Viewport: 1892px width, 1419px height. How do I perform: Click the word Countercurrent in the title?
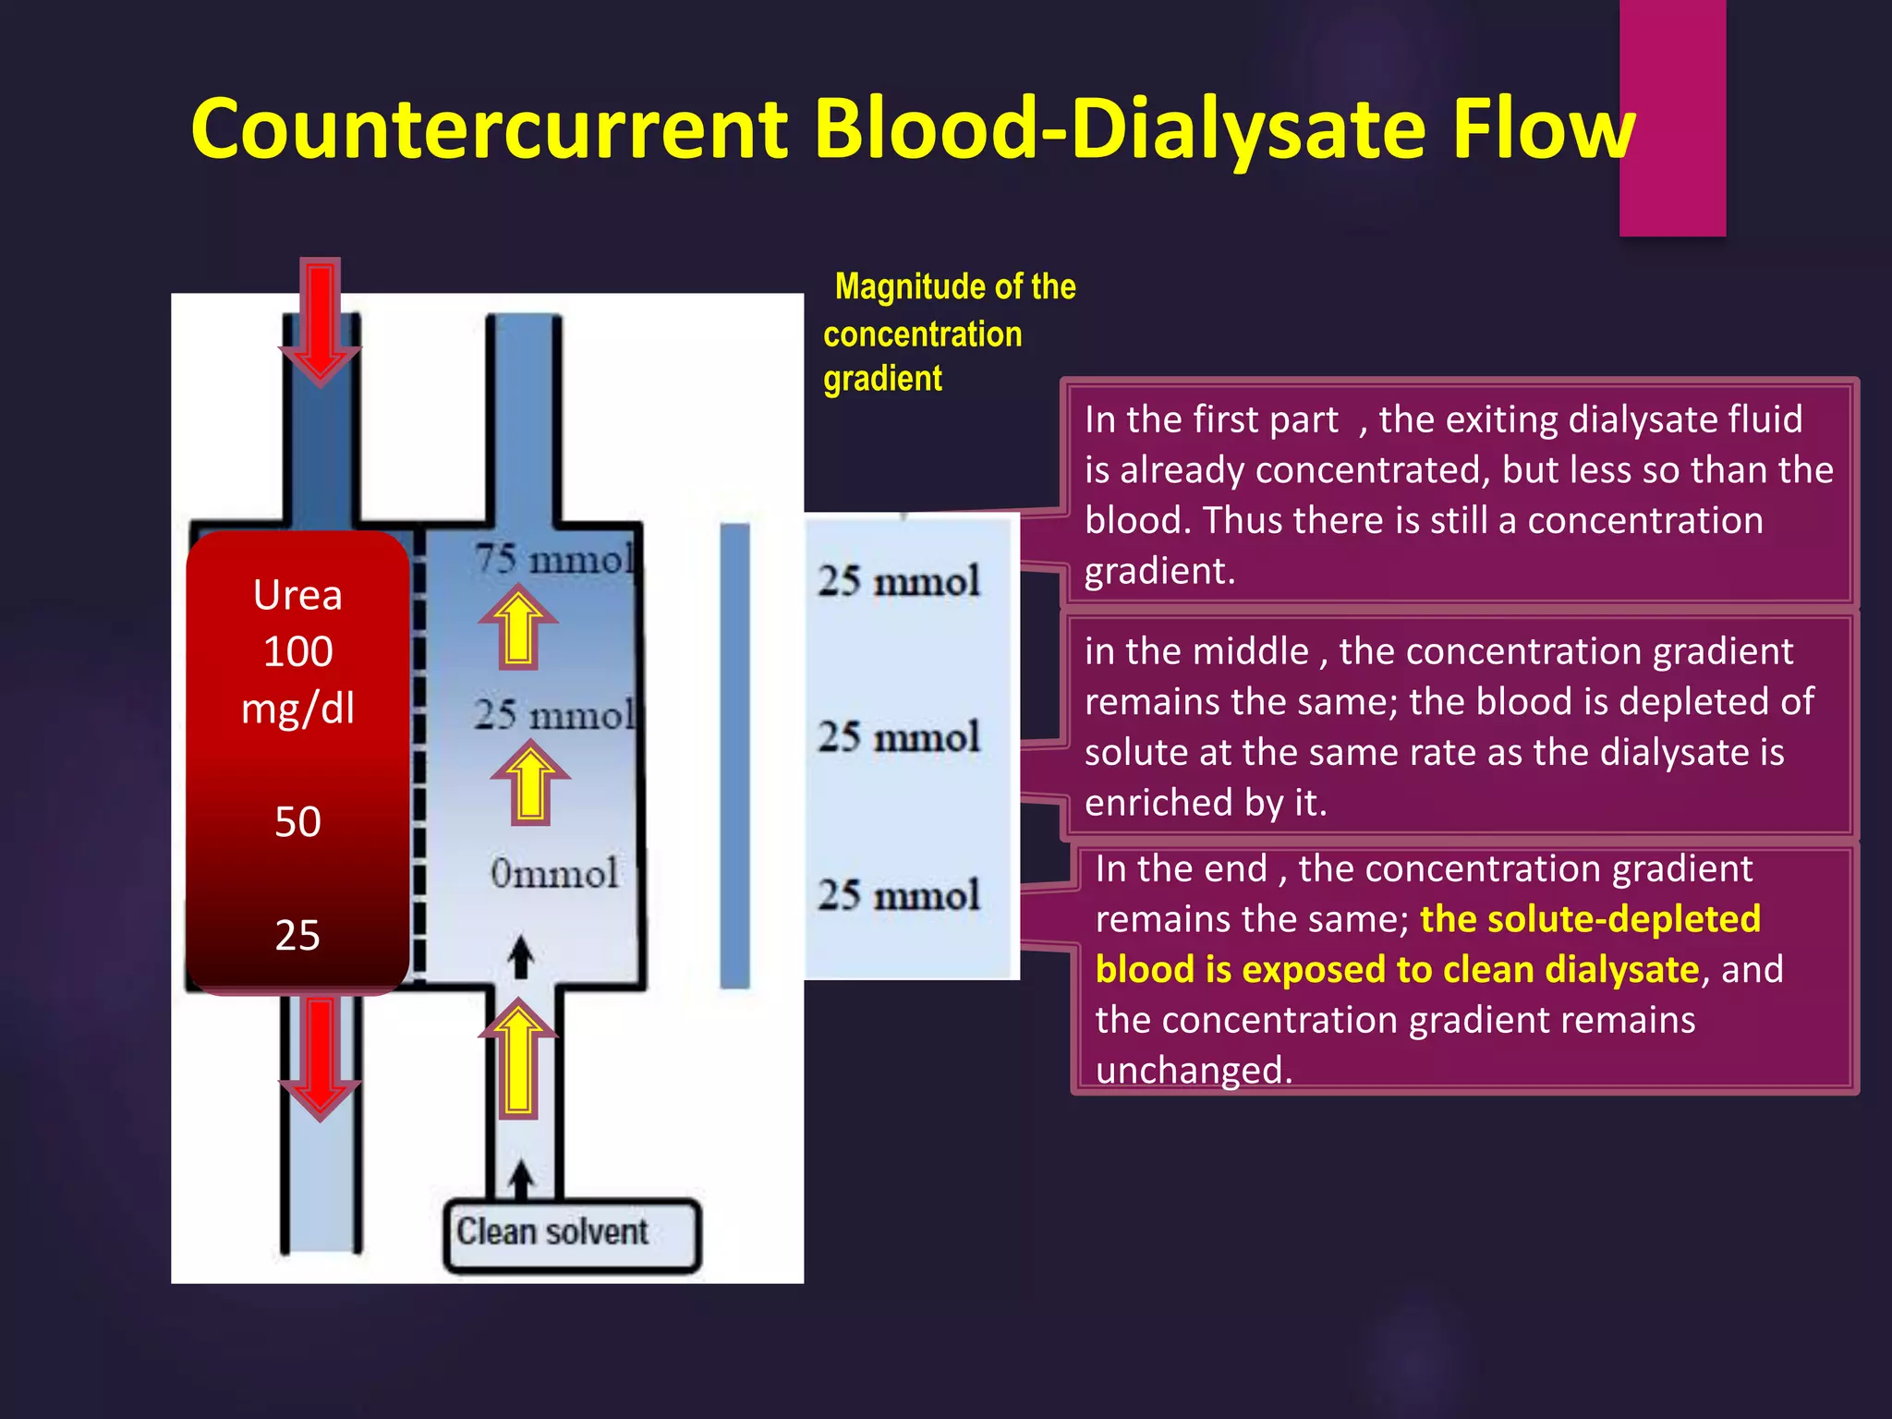(490, 129)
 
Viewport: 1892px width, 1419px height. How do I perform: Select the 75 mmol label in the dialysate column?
(554, 560)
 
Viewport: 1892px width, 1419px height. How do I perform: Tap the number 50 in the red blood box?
(297, 822)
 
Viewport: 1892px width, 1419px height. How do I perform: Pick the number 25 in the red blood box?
(297, 936)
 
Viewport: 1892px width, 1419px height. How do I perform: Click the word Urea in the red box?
(297, 596)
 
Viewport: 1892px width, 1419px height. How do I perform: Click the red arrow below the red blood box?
(320, 1058)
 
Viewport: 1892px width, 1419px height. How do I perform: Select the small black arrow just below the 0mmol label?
(522, 957)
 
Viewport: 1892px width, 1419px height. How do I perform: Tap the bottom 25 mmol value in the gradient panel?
(898, 895)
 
